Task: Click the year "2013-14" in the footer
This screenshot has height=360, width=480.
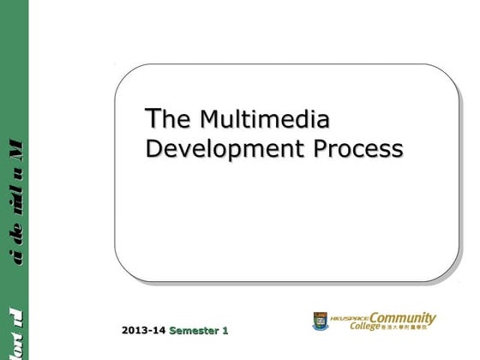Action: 144,330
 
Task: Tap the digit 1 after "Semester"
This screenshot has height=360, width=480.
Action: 225,330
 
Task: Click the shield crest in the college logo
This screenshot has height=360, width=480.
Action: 319,321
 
